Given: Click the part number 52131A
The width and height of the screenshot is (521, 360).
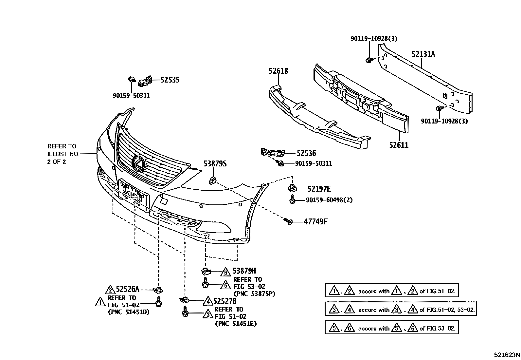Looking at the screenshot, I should tap(423, 54).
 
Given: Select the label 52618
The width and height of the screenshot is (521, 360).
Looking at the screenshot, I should tap(278, 71).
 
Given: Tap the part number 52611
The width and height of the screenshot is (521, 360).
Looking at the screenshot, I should tap(399, 145).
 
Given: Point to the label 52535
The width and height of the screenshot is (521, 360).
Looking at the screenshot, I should tap(170, 80).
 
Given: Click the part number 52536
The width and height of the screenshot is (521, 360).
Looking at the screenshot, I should tap(306, 153).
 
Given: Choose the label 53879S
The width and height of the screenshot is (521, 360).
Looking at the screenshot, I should tap(215, 164).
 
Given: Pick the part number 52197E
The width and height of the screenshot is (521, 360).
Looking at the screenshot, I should tap(319, 189).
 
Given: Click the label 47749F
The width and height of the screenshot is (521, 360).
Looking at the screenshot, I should tap(315, 222).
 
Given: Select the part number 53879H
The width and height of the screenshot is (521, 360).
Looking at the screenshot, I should tap(244, 271).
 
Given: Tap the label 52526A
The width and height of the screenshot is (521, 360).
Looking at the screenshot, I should tap(128, 289).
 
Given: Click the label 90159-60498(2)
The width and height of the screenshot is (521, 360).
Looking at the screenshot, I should tap(329, 200).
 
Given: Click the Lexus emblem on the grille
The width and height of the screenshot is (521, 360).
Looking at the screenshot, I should tap(138, 163).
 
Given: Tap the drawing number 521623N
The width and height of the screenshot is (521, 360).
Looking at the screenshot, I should tap(507, 354).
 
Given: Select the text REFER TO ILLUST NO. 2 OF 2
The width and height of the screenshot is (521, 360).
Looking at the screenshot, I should tap(62, 154).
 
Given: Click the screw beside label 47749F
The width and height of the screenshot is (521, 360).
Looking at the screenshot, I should tap(288, 221).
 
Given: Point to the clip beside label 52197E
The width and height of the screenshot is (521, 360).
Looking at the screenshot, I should tap(291, 188).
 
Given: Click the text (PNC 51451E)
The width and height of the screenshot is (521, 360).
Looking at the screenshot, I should tap(236, 324).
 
